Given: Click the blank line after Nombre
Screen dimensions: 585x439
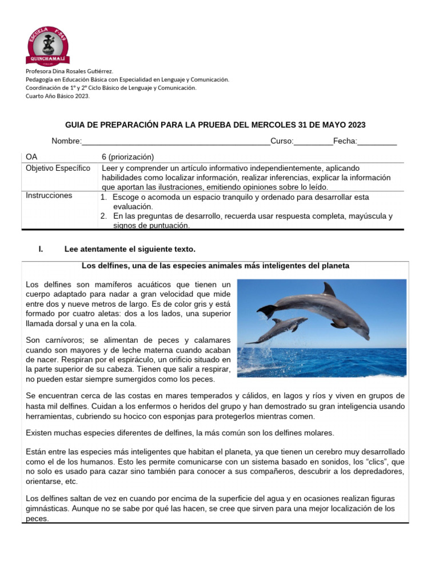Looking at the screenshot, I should [176, 142].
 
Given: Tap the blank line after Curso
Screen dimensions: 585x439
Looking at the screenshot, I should [313, 142].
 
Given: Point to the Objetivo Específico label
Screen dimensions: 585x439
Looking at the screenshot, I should [58, 169].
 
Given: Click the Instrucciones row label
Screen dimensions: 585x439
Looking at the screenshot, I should [49, 195].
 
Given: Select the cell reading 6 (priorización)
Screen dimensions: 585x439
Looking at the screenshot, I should [127, 157].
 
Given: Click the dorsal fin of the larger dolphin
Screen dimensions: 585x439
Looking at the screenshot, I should [329, 289].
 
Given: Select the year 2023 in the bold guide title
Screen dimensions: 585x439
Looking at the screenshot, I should [356, 125].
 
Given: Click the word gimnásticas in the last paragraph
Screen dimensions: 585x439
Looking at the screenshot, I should [50, 508].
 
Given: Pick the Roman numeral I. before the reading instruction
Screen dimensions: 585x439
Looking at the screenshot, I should [41, 249].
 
